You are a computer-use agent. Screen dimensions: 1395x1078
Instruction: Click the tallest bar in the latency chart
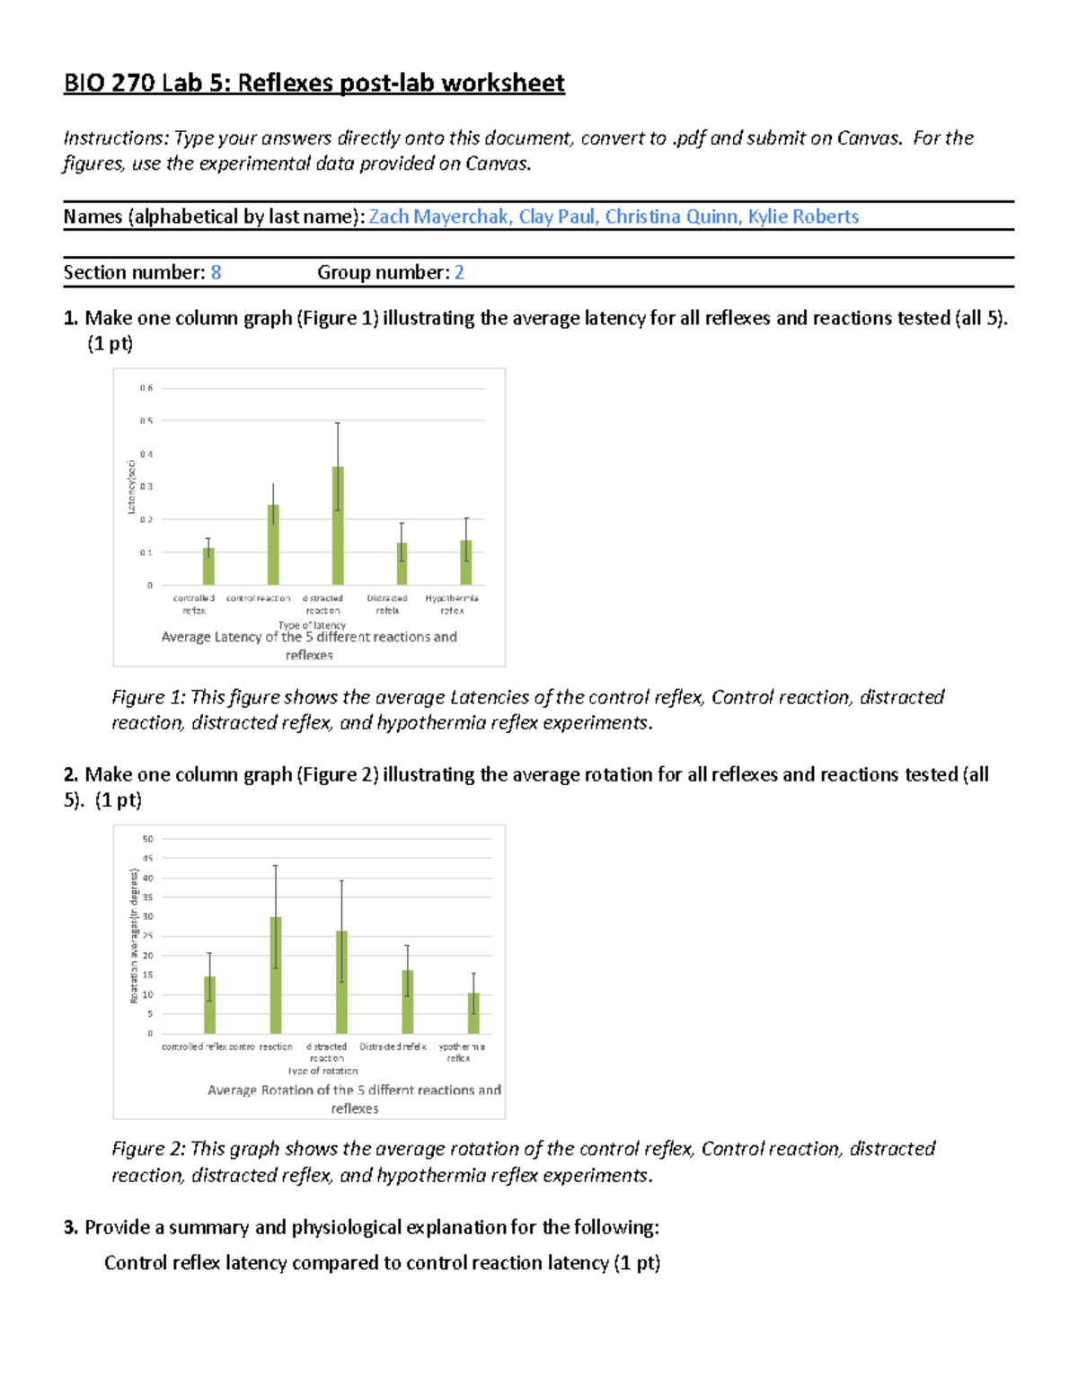tap(338, 525)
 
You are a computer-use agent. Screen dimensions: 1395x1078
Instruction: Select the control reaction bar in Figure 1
tap(273, 544)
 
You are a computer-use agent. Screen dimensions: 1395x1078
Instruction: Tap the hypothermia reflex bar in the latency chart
tap(466, 562)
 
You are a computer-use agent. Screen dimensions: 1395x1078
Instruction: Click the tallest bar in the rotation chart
tap(276, 975)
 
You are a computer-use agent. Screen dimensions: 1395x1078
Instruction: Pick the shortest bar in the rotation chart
tap(473, 1013)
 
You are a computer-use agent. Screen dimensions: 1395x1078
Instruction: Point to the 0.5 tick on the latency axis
tap(146, 420)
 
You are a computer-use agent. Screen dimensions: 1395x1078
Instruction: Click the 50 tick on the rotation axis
tap(147, 839)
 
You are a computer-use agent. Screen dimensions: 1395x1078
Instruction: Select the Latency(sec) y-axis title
tap(131, 487)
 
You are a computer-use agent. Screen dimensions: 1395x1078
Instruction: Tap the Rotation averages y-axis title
tap(134, 935)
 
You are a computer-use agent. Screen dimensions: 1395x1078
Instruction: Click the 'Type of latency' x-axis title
tap(312, 624)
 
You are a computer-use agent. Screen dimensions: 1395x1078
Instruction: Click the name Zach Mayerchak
tap(439, 216)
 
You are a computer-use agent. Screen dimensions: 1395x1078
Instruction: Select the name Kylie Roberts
tap(803, 216)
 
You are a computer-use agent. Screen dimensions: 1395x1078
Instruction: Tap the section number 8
tap(216, 272)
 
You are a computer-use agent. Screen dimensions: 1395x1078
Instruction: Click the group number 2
tap(459, 272)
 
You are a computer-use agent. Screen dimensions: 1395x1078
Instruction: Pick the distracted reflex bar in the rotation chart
tap(408, 1002)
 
